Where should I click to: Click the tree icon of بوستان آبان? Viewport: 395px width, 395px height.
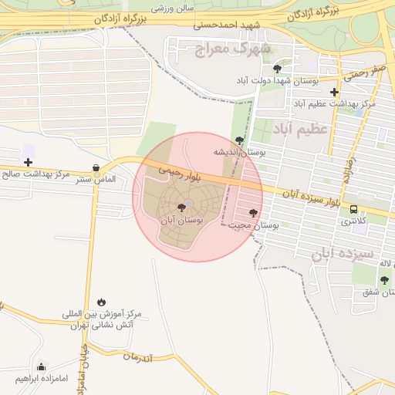tap(181, 208)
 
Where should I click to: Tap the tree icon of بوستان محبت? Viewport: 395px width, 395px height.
tap(253, 212)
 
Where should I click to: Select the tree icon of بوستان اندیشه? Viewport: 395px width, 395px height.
tap(239, 140)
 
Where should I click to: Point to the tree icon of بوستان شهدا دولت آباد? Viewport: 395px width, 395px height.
tap(277, 69)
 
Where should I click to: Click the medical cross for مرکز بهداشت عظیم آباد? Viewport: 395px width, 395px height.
tap(334, 91)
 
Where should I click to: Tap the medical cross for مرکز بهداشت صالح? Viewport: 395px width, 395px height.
tap(29, 162)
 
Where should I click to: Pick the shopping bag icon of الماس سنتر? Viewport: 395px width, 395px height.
tap(96, 167)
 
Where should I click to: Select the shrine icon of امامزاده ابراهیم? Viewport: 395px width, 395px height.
tap(41, 366)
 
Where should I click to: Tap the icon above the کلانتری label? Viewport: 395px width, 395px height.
tap(353, 209)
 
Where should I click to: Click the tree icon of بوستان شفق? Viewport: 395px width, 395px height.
tap(384, 280)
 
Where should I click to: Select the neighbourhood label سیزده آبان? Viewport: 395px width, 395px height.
tap(343, 253)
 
